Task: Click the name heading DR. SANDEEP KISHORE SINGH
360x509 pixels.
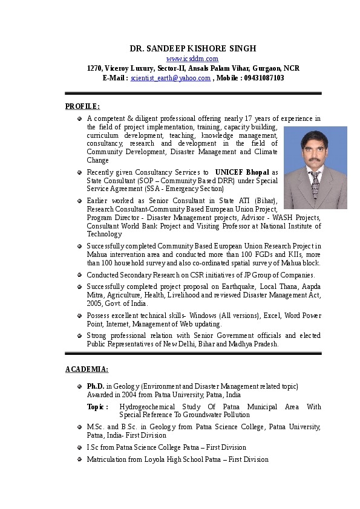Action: click(x=193, y=48)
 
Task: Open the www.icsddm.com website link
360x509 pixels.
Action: click(x=192, y=59)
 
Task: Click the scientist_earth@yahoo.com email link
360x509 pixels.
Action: click(x=171, y=78)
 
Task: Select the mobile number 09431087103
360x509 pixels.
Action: click(x=263, y=78)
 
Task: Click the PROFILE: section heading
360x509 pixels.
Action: click(x=82, y=106)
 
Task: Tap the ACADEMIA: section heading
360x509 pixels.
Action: click(x=87, y=369)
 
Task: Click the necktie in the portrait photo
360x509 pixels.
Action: click(x=315, y=184)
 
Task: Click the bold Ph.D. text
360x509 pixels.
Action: click(x=96, y=386)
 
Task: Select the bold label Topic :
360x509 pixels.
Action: click(x=97, y=407)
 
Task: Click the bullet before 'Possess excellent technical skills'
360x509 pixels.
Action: click(x=79, y=316)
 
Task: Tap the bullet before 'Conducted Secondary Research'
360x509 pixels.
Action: click(x=79, y=275)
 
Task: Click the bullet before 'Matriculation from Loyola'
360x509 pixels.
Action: click(x=79, y=460)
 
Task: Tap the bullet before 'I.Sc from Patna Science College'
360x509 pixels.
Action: click(x=79, y=448)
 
